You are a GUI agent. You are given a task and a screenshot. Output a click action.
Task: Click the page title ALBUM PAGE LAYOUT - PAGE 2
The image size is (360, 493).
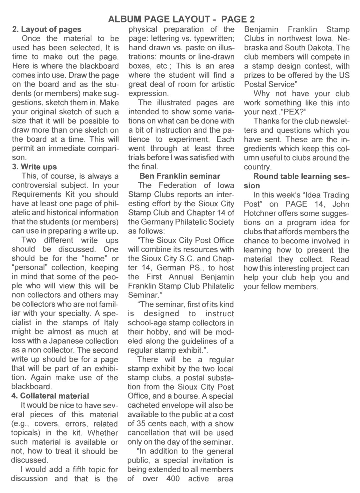click(x=181, y=19)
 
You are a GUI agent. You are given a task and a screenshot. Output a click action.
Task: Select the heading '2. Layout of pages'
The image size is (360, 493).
click(x=47, y=30)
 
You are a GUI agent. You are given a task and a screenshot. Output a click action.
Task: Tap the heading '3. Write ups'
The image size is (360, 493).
click(x=34, y=166)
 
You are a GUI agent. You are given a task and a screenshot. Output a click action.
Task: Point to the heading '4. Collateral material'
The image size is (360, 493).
click(x=50, y=396)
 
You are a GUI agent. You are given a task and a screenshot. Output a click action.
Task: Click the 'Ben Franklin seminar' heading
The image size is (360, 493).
click(x=180, y=176)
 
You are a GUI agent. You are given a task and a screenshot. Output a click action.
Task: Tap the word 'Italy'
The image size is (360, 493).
click(x=111, y=322)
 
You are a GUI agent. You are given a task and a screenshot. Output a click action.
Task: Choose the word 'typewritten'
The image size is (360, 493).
click(x=214, y=39)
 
